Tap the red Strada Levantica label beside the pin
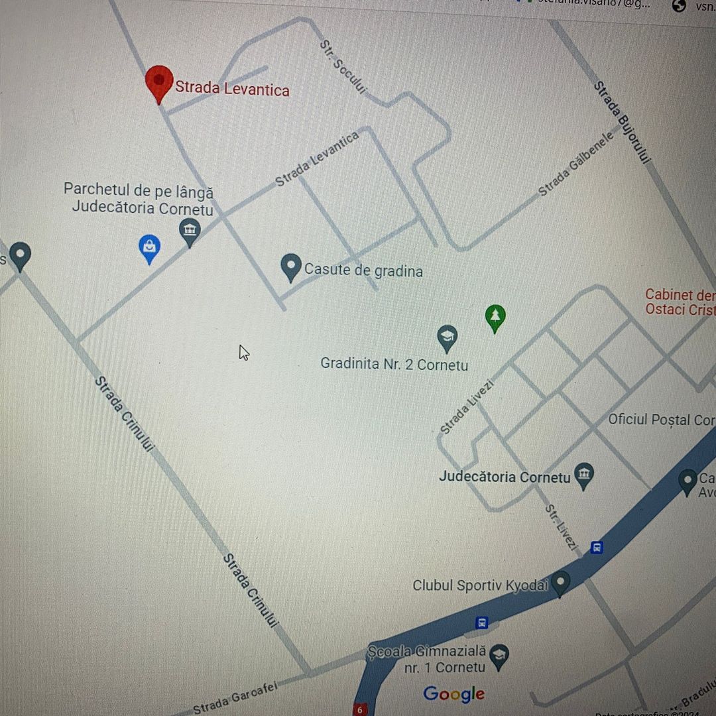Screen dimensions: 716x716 [x=232, y=89]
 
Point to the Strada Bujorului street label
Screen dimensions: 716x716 [x=623, y=123]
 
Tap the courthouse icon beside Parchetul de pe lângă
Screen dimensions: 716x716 [x=190, y=231]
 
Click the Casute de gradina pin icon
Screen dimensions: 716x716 [x=291, y=267]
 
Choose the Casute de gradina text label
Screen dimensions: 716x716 [x=363, y=270]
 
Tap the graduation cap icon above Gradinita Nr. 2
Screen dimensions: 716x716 [x=447, y=337]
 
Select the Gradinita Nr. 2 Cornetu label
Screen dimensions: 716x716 [x=394, y=365]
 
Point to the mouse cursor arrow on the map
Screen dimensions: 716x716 [x=243, y=352]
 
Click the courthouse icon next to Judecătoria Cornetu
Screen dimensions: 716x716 [x=584, y=475]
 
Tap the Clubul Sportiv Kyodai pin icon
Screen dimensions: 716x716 [x=561, y=583]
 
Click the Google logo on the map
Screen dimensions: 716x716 [x=454, y=694]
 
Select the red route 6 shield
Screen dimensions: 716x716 [x=360, y=709]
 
